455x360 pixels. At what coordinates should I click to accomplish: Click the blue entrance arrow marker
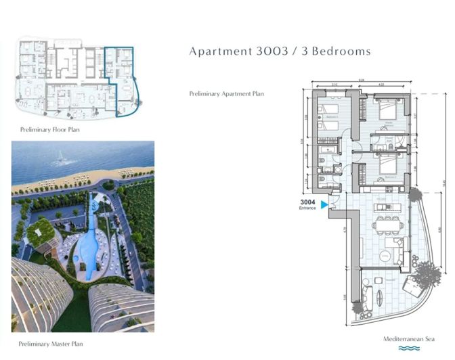pyautogui.click(x=324, y=204)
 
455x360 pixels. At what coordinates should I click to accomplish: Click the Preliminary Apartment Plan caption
pyautogui.click(x=226, y=94)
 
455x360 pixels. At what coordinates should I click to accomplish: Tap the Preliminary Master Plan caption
pyautogui.click(x=51, y=344)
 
